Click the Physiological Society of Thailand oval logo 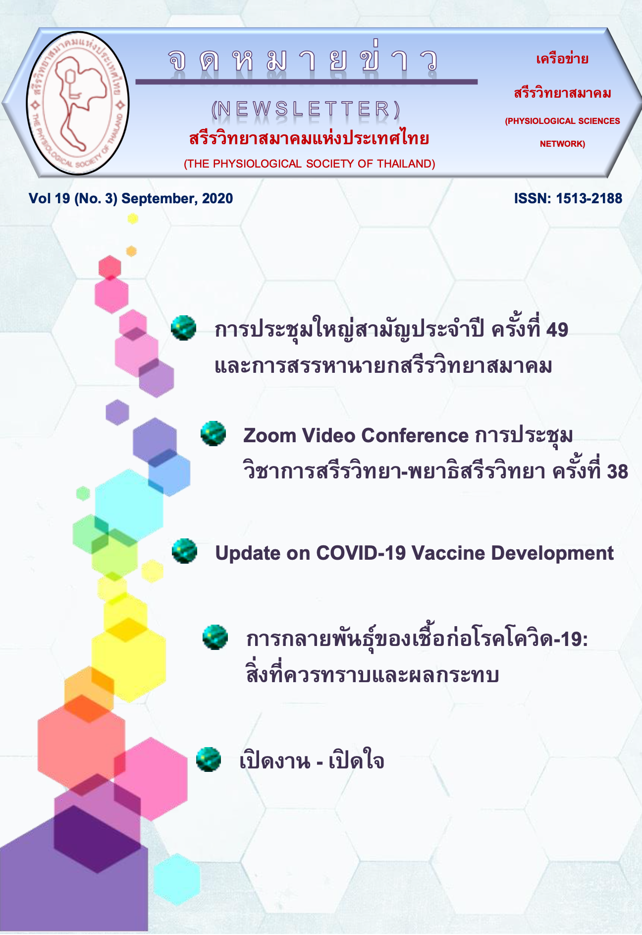[78, 103]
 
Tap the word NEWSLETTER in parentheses [306, 109]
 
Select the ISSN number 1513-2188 [589, 198]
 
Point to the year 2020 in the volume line [217, 198]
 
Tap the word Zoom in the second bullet [269, 435]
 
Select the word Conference [415, 435]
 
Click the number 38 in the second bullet [617, 471]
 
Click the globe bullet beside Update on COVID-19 [184, 551]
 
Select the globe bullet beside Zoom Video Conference [214, 433]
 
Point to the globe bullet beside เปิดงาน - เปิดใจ [209, 760]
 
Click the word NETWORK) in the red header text [562, 144]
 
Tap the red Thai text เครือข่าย [562, 59]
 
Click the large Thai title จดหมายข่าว [303, 60]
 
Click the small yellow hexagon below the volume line [133, 219]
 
